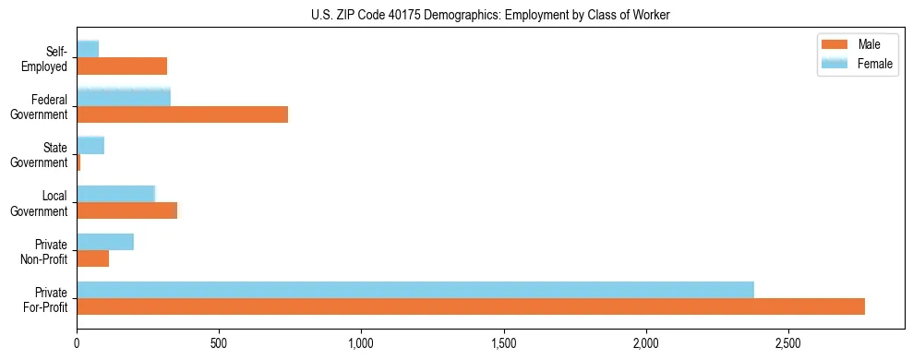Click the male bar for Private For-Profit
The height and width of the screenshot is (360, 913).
[471, 307]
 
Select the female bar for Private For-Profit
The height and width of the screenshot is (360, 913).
[415, 290]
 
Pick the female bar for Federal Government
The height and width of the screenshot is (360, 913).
[124, 97]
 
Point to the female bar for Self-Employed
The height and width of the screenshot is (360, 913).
[88, 49]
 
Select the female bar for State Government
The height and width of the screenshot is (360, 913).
[90, 145]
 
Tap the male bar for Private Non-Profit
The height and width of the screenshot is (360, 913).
[93, 259]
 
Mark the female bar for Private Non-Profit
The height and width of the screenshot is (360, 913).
[105, 242]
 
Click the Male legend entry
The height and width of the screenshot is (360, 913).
[858, 45]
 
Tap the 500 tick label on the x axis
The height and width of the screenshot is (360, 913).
[219, 342]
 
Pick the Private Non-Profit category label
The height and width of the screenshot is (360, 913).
[46, 251]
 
